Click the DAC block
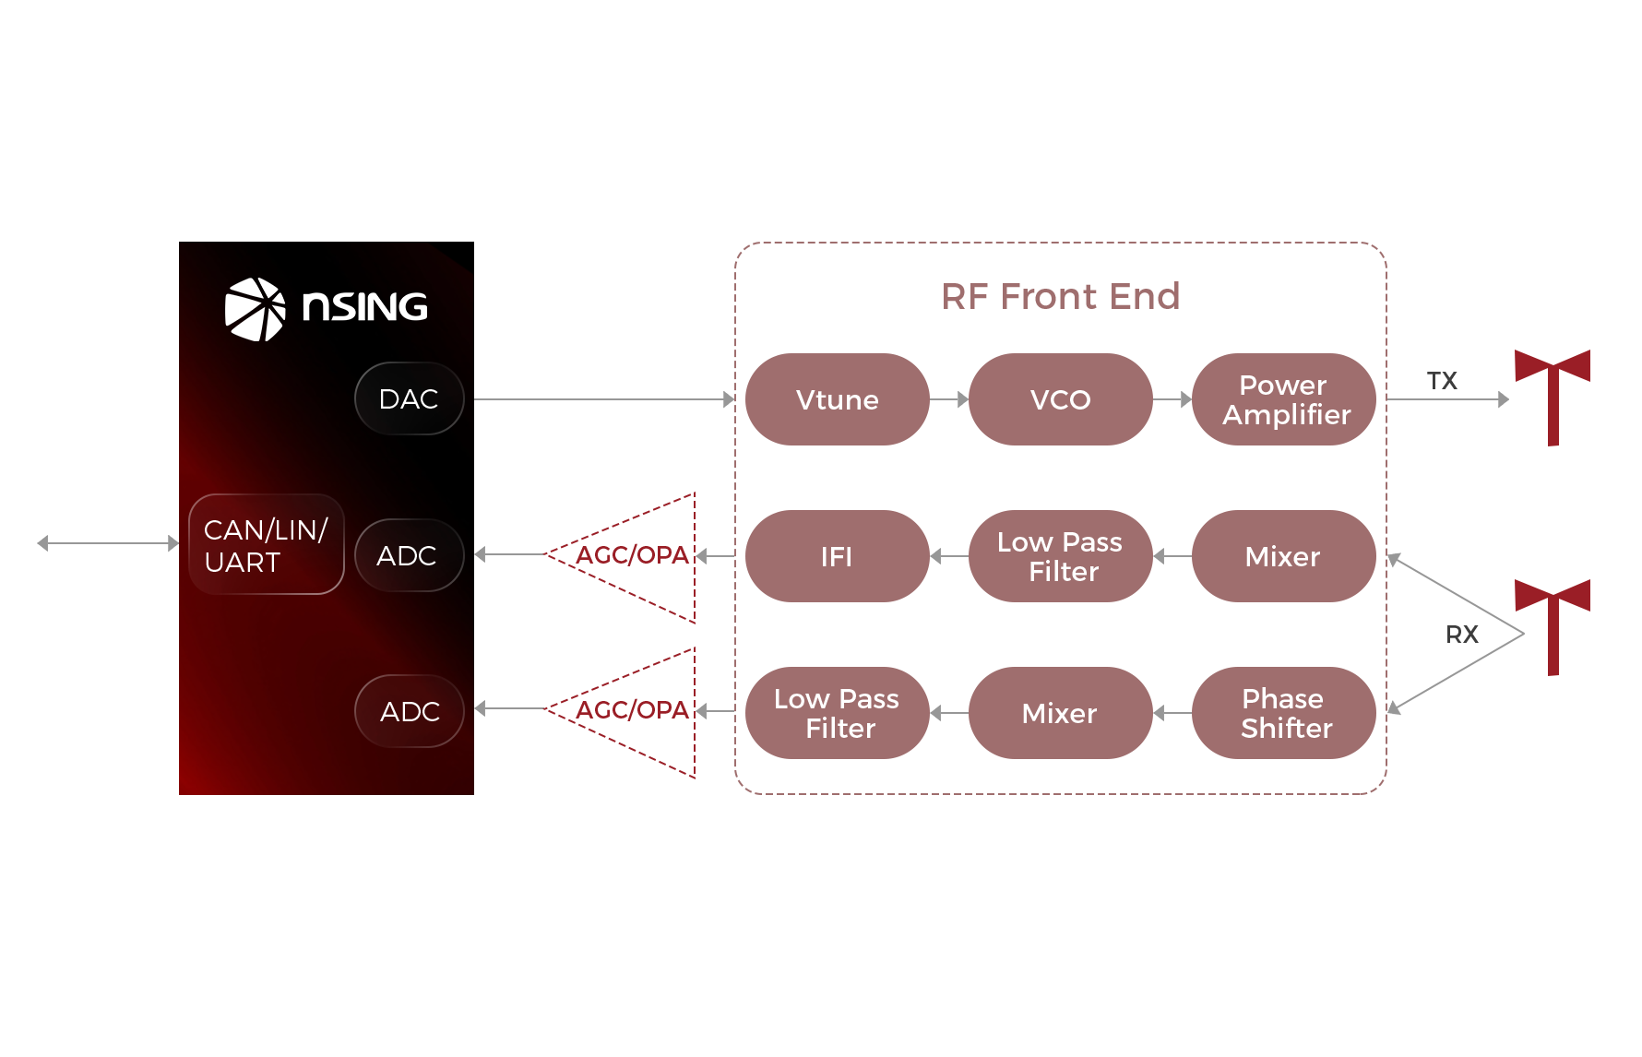pos(409,398)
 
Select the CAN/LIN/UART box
pos(266,545)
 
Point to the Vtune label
pos(837,400)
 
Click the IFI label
pos(837,556)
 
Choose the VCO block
pos(1060,399)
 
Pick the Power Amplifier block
pos(1283,399)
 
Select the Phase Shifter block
pos(1283,713)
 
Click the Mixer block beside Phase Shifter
pos(1060,713)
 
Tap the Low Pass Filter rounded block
pos(1060,556)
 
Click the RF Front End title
pos(1062,296)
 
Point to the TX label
pos(1442,380)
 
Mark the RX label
pos(1461,635)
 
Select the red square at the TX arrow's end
pos(1551,398)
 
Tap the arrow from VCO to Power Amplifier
pos(1172,399)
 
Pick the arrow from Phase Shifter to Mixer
pos(1172,713)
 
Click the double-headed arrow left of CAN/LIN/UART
pos(108,543)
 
